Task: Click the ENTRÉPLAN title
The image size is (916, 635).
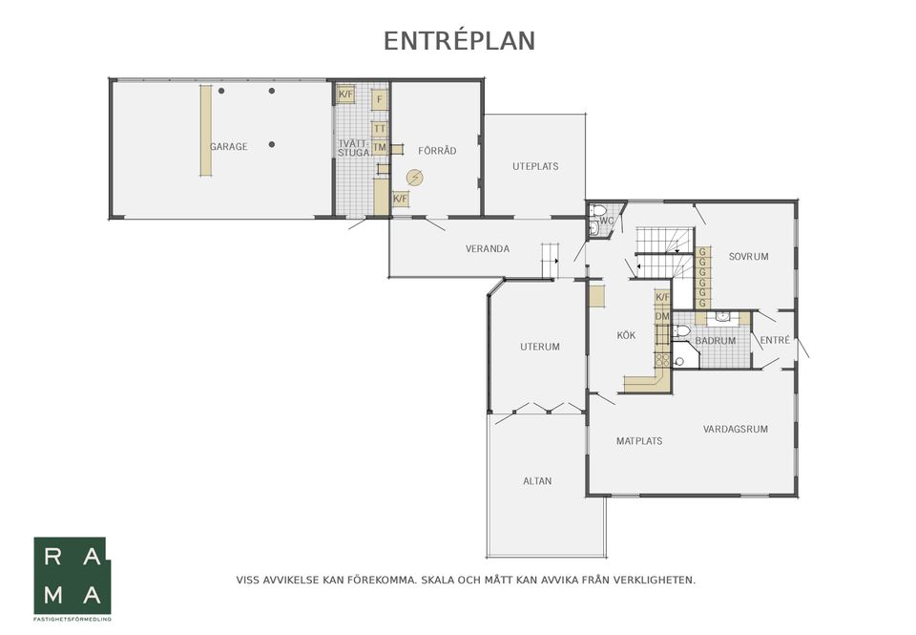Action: tap(459, 41)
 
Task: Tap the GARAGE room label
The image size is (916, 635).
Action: tap(228, 147)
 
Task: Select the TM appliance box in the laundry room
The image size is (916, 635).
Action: tap(380, 147)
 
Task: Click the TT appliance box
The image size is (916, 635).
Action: tap(380, 129)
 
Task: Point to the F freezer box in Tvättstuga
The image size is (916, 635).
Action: tap(380, 100)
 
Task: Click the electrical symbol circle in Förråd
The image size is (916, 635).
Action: tap(415, 178)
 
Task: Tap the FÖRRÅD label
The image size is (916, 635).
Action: tap(437, 151)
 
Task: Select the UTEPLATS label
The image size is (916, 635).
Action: tap(535, 166)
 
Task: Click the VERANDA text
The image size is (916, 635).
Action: tap(488, 248)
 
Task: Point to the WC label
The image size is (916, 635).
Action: tap(607, 221)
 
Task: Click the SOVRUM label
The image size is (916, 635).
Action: tap(748, 256)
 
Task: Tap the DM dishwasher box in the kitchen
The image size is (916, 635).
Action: tap(662, 316)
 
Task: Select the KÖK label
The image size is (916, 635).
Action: tap(626, 335)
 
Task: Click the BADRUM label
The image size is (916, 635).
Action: tap(715, 340)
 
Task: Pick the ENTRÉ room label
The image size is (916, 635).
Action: tap(775, 340)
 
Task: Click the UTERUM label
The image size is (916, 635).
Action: tap(540, 347)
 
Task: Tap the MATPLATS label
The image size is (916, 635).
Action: tap(639, 441)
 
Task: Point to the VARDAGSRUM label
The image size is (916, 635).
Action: tap(735, 429)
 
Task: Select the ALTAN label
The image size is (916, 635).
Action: tap(537, 481)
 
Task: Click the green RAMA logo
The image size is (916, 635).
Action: tap(72, 576)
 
